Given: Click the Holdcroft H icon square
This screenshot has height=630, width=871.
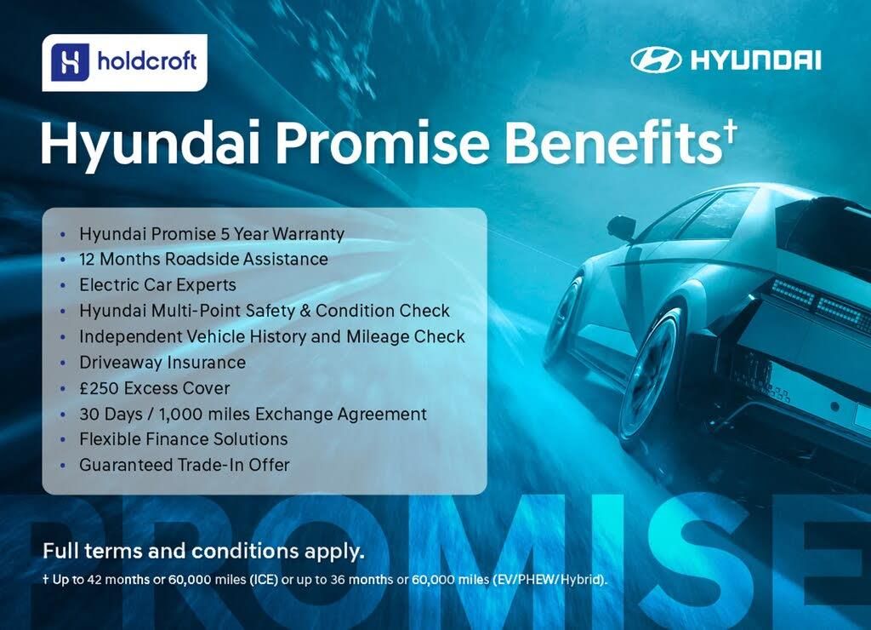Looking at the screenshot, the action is pyautogui.click(x=70, y=62).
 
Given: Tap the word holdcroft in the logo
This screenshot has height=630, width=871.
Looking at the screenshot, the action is pyautogui.click(x=146, y=60).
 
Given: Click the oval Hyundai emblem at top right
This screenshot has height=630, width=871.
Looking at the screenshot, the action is pyautogui.click(x=656, y=60).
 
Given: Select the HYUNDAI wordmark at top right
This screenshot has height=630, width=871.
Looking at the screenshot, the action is pyautogui.click(x=755, y=60).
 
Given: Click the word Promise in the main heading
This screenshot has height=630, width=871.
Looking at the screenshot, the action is pyautogui.click(x=383, y=142).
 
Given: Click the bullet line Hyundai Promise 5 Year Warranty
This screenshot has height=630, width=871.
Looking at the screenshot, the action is pyautogui.click(x=212, y=234).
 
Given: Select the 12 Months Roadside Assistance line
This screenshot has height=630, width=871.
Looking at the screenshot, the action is pyautogui.click(x=203, y=259).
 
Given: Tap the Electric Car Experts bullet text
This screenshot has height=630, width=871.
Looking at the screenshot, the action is pyautogui.click(x=157, y=285).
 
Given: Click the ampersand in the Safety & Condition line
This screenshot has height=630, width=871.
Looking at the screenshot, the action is pyautogui.click(x=305, y=311).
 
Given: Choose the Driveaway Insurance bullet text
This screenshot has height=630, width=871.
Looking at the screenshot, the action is pyautogui.click(x=162, y=363).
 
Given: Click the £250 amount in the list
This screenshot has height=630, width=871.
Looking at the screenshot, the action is pyautogui.click(x=99, y=388).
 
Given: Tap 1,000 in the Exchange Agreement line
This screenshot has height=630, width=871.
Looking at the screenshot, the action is pyautogui.click(x=178, y=415).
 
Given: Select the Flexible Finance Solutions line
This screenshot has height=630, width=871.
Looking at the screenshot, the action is pyautogui.click(x=184, y=439).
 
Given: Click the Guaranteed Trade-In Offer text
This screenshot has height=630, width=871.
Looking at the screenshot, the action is pyautogui.click(x=185, y=465).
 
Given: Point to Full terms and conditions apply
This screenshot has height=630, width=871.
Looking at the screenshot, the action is pyautogui.click(x=204, y=551).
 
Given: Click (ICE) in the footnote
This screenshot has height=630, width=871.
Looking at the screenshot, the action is pyautogui.click(x=264, y=580).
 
